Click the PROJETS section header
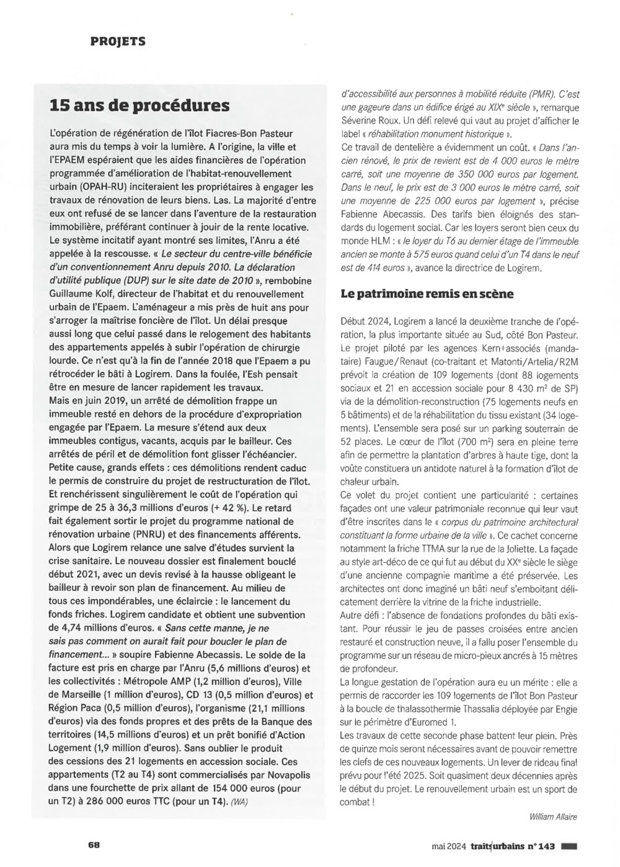click(x=118, y=42)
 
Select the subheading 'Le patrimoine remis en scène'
click(x=427, y=294)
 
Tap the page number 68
click(x=94, y=845)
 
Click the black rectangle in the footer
click(x=569, y=845)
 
